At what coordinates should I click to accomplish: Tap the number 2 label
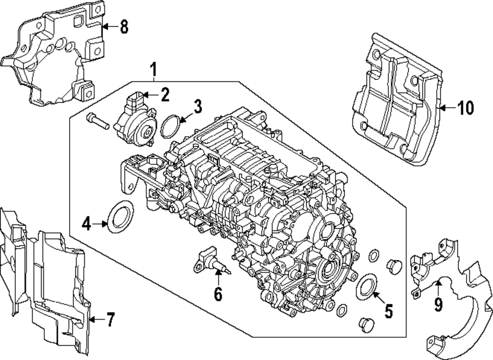pyautogui.click(x=164, y=94)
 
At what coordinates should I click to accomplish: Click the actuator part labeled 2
pyautogui.click(x=135, y=121)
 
